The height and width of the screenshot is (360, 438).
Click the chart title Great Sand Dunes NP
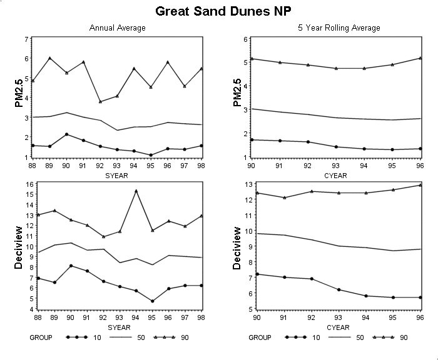click(x=223, y=11)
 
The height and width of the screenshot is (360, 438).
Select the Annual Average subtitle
click(x=118, y=28)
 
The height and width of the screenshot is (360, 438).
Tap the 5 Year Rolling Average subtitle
click(x=339, y=28)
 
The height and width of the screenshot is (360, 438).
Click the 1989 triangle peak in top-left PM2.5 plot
click(x=49, y=58)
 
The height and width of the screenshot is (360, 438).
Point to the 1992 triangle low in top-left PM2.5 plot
click(x=100, y=102)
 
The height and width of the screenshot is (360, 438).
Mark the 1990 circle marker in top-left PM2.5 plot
click(x=66, y=134)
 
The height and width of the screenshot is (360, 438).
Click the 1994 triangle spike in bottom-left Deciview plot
click(x=136, y=191)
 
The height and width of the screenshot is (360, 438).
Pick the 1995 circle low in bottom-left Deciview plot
click(x=152, y=301)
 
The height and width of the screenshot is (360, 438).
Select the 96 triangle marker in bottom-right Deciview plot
click(x=420, y=185)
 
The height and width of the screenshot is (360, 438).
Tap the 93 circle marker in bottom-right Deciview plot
click(x=339, y=289)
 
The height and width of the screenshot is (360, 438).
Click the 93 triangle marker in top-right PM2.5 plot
click(x=337, y=68)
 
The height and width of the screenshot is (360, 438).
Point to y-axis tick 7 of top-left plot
click(x=26, y=39)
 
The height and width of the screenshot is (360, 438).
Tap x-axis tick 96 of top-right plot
click(x=420, y=166)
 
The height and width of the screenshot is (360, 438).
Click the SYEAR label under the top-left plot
click(x=116, y=176)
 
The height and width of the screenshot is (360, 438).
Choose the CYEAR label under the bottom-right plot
click(x=338, y=327)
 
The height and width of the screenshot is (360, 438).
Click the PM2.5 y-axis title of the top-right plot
click(x=237, y=92)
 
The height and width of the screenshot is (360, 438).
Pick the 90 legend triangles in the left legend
click(x=164, y=337)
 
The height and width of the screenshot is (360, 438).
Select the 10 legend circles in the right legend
click(x=295, y=337)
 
